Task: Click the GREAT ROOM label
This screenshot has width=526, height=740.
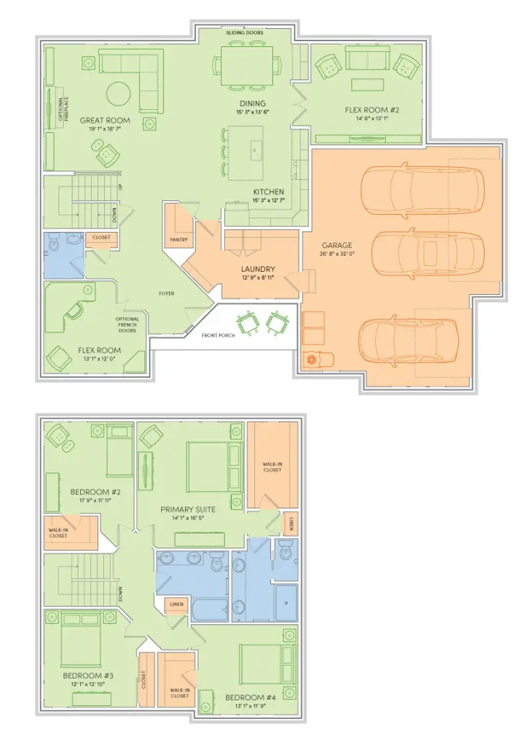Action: (x=105, y=121)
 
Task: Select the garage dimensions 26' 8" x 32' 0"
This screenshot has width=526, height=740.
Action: (x=337, y=254)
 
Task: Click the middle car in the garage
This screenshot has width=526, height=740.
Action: (x=424, y=253)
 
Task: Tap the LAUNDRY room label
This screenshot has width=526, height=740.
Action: (x=258, y=269)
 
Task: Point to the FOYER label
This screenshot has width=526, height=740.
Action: (x=168, y=293)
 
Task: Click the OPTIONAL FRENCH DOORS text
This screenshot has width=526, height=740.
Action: (x=126, y=324)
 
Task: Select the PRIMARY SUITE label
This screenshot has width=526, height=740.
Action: (x=188, y=509)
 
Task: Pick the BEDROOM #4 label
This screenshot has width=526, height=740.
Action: (x=250, y=697)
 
